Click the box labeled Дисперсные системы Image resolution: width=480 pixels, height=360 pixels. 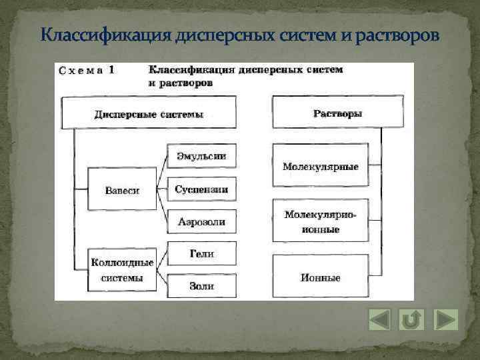point(149,113)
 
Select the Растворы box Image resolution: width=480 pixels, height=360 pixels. point(337,113)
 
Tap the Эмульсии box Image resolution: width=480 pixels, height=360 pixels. point(201,157)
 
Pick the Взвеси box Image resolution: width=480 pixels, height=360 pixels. point(122,190)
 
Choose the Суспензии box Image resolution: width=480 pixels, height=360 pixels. point(201,189)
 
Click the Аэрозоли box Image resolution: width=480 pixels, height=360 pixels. point(201,221)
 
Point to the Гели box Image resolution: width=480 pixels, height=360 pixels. point(201,254)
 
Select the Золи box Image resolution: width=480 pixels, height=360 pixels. point(201,285)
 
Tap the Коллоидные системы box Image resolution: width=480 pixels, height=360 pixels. point(122,269)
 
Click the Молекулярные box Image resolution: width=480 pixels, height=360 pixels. point(320,166)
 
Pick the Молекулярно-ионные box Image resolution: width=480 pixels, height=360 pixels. point(320,221)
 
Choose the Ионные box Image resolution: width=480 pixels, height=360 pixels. point(320,277)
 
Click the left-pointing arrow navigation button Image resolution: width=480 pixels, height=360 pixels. point(379,319)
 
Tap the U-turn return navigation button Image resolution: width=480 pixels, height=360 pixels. point(412,319)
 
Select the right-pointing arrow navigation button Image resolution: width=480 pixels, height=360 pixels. point(445,319)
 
